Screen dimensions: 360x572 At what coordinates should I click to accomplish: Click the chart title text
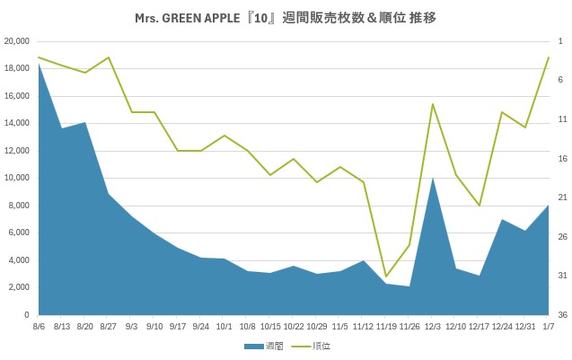coord(286,17)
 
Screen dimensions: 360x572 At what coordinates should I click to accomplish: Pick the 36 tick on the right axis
coord(561,315)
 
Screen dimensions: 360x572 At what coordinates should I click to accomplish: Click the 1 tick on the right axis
coord(559,41)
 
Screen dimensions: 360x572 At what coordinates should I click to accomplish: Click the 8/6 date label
coord(39,328)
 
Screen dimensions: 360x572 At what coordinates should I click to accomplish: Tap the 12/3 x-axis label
coord(432,328)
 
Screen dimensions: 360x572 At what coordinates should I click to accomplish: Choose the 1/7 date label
coord(548,328)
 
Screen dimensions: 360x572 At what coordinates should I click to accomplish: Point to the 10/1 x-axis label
coord(224,328)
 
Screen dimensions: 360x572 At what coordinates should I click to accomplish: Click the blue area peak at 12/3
coord(432,178)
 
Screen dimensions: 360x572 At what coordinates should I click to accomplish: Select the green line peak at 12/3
coord(432,104)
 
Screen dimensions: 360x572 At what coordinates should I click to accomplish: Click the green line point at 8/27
coord(109,57)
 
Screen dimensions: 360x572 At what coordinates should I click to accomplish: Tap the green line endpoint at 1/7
coord(548,57)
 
